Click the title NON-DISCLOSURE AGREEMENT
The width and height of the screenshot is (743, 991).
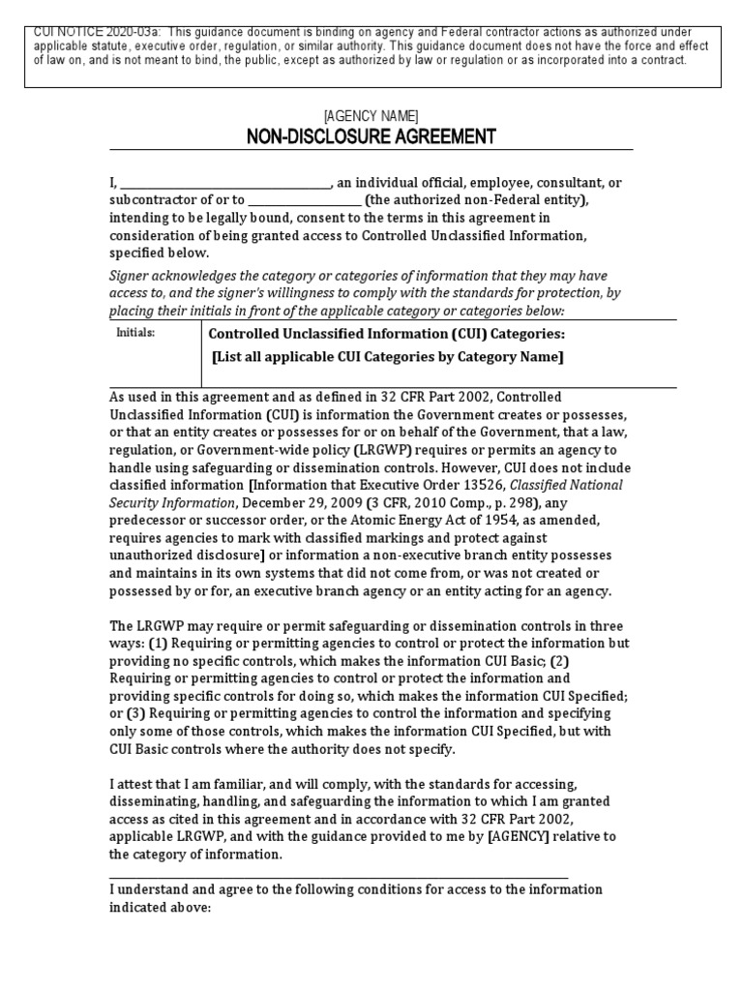pos(371,136)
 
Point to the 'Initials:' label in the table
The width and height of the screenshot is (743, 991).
pos(135,332)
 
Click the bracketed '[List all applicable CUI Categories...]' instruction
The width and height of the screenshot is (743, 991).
pos(387,357)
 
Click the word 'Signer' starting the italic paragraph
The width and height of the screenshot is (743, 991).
pos(129,276)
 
